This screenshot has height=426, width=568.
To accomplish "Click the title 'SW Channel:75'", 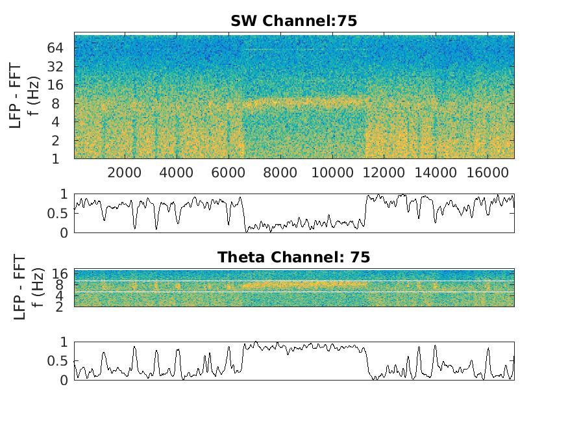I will pyautogui.click(x=293, y=21).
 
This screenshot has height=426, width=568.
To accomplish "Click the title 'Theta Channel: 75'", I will pyautogui.click(x=293, y=257).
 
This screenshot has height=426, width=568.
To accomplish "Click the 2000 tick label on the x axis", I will pyautogui.click(x=125, y=173).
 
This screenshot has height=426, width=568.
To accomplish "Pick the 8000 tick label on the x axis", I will pyautogui.click(x=280, y=173).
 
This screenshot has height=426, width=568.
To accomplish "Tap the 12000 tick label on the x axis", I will pyautogui.click(x=384, y=173).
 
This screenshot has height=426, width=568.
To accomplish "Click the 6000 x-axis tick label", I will pyautogui.click(x=228, y=173).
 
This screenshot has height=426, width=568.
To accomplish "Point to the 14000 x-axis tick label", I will pyautogui.click(x=435, y=173).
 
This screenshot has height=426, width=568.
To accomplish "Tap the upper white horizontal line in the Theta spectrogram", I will pyautogui.click(x=293, y=281).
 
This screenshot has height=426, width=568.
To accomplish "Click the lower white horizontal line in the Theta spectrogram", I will pyautogui.click(x=293, y=293).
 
